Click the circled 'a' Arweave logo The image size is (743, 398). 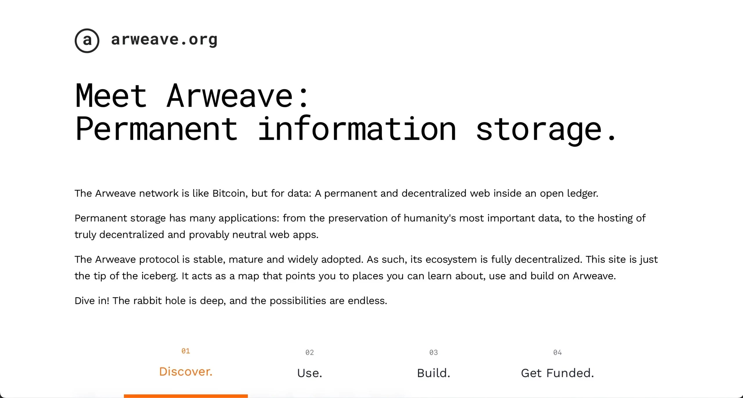(x=87, y=41)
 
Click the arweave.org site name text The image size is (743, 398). (x=164, y=39)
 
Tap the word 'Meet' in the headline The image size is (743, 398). (x=111, y=96)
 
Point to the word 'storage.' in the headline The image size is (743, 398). (x=546, y=129)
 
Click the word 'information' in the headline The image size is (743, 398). (x=357, y=129)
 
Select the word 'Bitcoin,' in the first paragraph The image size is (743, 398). (x=230, y=193)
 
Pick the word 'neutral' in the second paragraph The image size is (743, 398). (x=249, y=235)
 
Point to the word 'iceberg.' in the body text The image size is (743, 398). (x=159, y=276)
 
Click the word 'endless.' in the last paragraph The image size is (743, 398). (x=367, y=301)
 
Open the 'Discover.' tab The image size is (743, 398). (x=186, y=372)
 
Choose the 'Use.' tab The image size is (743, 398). (x=310, y=373)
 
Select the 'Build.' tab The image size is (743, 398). (x=434, y=373)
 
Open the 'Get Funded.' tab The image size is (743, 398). (x=558, y=373)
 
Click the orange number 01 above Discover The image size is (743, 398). (x=186, y=351)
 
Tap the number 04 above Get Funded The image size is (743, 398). (x=558, y=352)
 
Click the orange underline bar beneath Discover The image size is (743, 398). (x=186, y=396)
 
